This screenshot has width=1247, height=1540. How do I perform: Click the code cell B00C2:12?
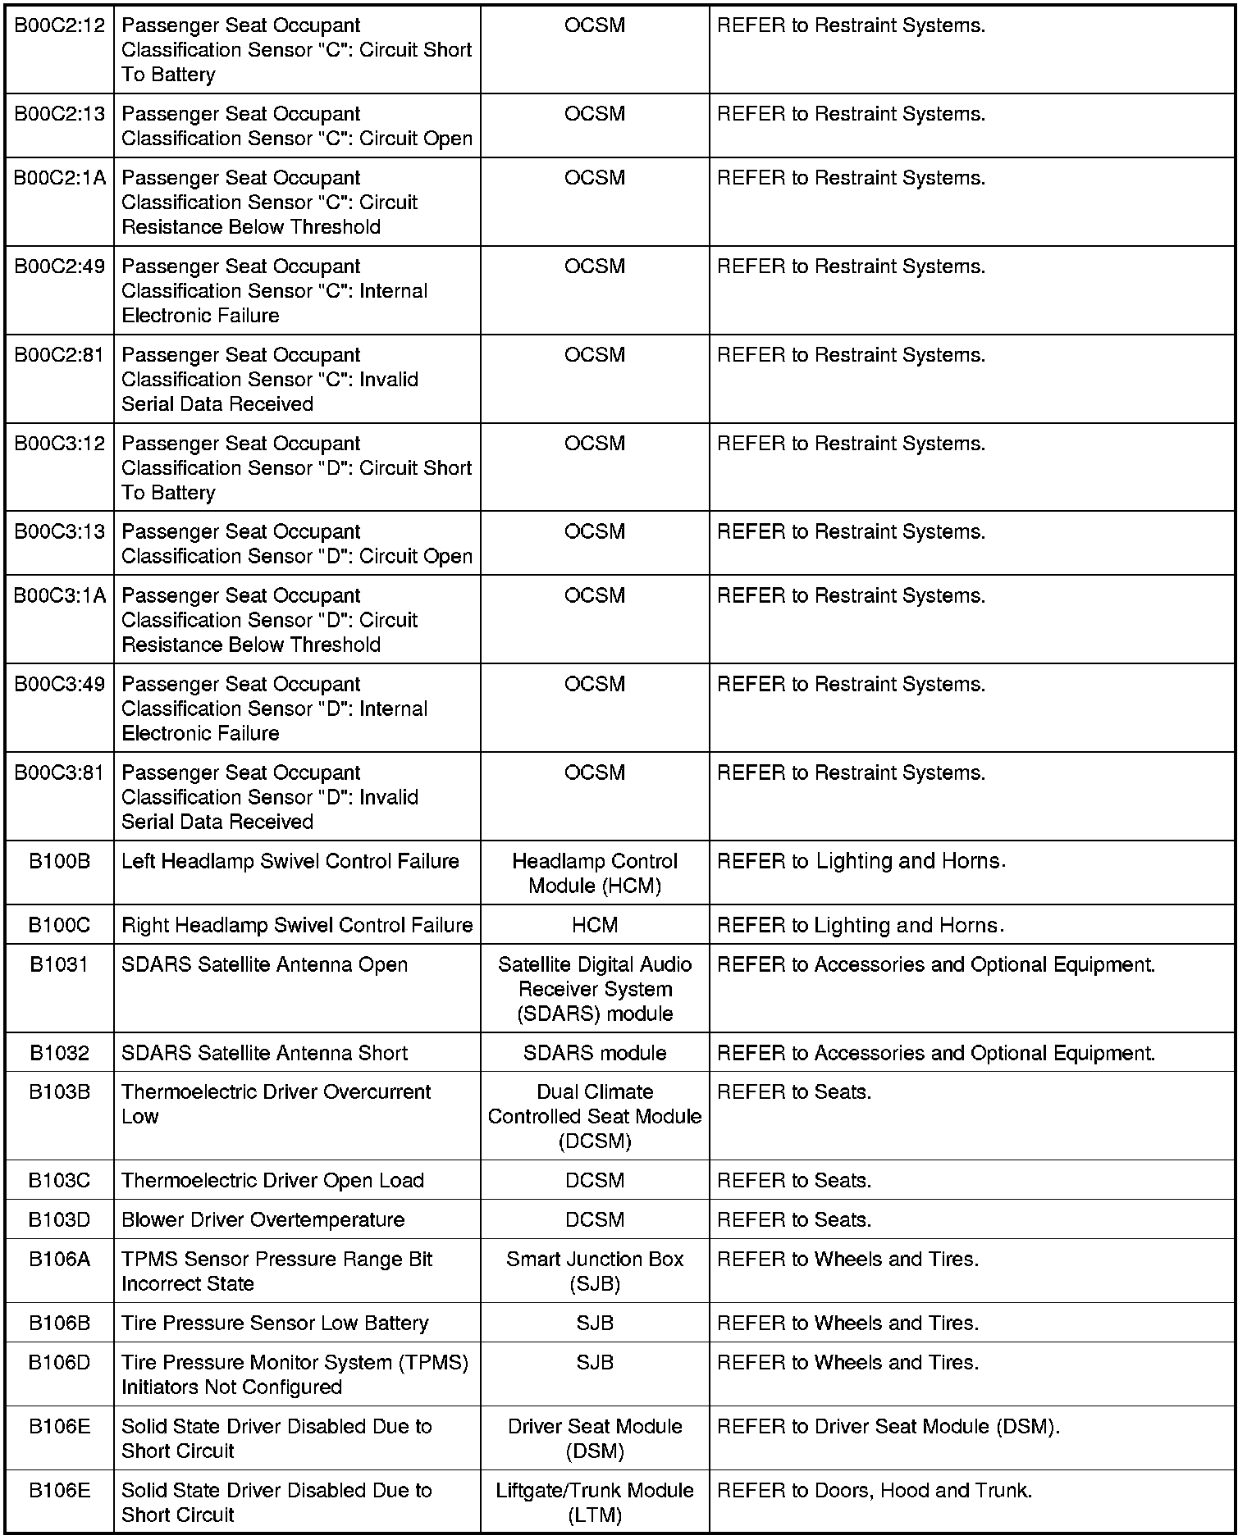click(x=59, y=25)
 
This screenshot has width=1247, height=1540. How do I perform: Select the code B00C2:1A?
click(x=59, y=178)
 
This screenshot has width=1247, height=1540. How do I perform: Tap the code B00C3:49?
click(x=59, y=684)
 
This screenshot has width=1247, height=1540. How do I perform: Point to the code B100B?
click(x=59, y=861)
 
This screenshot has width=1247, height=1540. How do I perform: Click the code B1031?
click(x=59, y=964)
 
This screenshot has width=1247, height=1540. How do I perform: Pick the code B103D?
click(x=59, y=1219)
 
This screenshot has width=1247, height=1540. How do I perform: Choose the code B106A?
click(x=59, y=1259)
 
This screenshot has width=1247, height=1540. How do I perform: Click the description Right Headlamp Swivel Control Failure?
click(x=297, y=925)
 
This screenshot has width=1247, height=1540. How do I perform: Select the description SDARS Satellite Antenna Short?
click(x=264, y=1053)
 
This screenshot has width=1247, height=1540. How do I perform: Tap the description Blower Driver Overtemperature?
click(x=263, y=1219)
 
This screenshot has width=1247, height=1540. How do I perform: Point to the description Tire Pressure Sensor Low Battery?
click(x=275, y=1323)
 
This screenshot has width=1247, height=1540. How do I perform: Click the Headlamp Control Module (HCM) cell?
click(x=595, y=873)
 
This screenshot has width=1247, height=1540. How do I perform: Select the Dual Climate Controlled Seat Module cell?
click(x=595, y=1116)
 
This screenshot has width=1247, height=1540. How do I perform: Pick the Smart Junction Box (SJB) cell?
click(x=595, y=1271)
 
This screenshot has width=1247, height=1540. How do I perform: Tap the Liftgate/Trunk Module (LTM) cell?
click(x=595, y=1502)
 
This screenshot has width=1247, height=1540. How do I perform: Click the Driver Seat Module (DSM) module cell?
click(x=595, y=1438)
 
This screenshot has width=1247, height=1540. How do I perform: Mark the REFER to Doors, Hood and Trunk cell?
click(x=875, y=1490)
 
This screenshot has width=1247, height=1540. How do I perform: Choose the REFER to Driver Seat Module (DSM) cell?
click(x=888, y=1426)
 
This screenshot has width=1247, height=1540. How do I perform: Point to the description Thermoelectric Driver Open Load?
click(x=272, y=1180)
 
